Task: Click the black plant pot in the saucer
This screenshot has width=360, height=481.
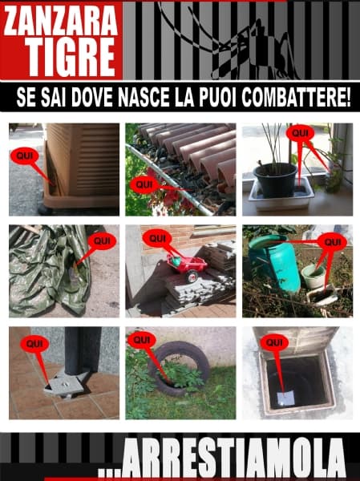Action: pos(274,177)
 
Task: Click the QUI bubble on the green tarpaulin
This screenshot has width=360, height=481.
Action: pos(100,239)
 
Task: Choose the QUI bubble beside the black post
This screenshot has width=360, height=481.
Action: pos(34,343)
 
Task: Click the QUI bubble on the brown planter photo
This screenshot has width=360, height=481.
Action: pos(24,156)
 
